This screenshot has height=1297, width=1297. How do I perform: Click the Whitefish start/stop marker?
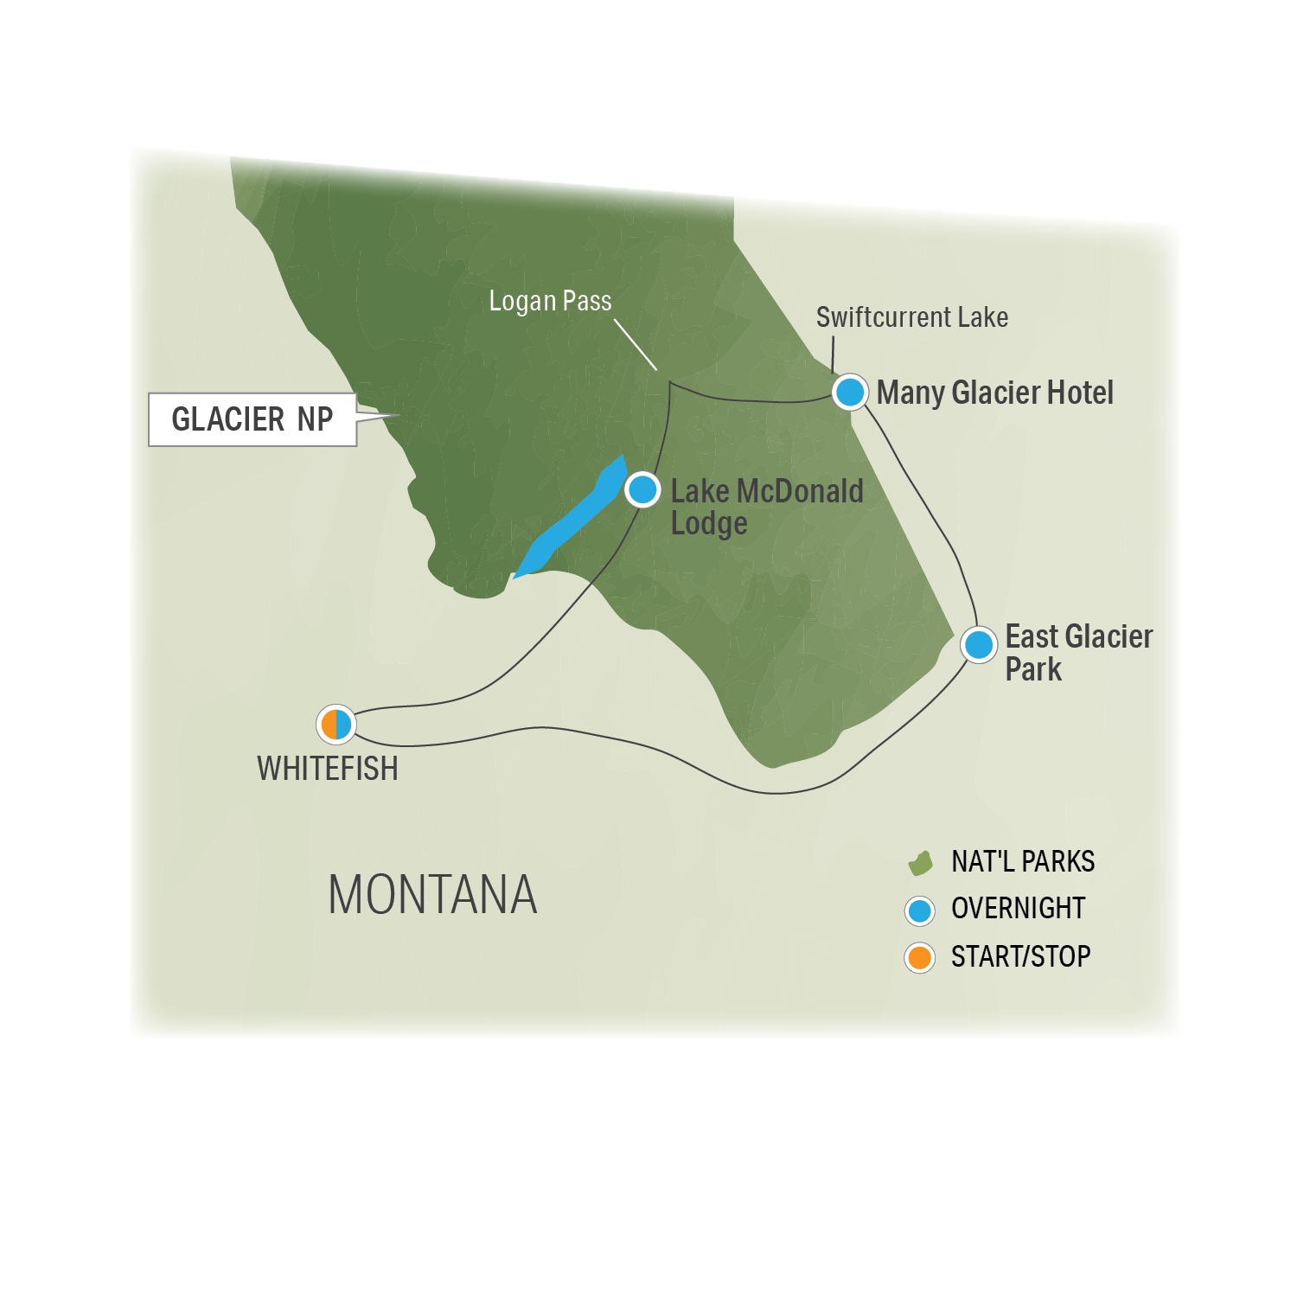click(335, 724)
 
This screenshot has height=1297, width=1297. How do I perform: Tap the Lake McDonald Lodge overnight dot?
click(642, 489)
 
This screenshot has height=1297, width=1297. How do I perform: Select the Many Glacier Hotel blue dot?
click(850, 392)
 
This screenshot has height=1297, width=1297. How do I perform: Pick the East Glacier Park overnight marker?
click(979, 644)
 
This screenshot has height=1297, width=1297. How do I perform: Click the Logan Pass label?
click(550, 301)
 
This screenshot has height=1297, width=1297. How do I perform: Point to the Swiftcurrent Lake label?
click(912, 317)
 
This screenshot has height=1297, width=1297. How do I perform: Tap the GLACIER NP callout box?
click(252, 419)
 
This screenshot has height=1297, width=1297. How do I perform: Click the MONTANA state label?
click(432, 894)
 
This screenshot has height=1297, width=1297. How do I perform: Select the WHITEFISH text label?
click(328, 769)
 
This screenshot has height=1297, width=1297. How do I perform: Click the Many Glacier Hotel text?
click(995, 393)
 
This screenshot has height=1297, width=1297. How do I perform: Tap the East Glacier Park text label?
click(1077, 653)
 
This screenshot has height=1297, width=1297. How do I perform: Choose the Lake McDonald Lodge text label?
click(766, 507)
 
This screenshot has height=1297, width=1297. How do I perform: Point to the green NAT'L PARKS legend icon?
click(920, 862)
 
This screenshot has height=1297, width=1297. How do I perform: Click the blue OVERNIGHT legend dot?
click(920, 910)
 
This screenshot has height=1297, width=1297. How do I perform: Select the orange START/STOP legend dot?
click(920, 957)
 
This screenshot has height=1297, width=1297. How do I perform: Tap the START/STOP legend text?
click(1020, 956)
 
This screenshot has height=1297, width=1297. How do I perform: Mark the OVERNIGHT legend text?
click(1018, 908)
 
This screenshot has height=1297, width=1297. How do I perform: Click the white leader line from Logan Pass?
click(636, 345)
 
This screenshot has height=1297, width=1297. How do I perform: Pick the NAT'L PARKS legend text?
click(1023, 861)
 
